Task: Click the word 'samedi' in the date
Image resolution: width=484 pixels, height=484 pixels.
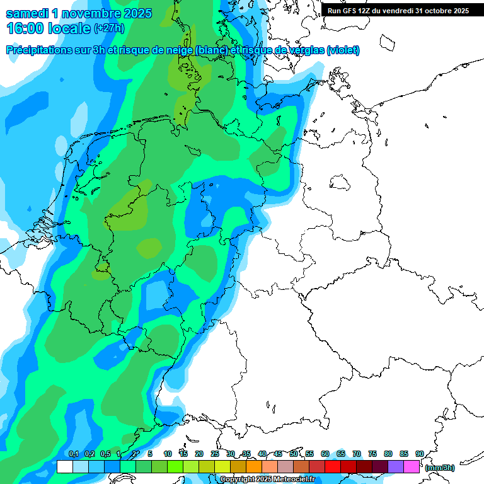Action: pyautogui.click(x=27, y=13)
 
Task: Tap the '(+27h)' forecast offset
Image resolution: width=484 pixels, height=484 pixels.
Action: pyautogui.click(x=109, y=29)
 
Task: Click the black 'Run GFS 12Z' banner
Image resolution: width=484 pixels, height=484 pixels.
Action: pyautogui.click(x=398, y=10)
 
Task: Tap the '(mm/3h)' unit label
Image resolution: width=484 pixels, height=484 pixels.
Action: pyautogui.click(x=440, y=468)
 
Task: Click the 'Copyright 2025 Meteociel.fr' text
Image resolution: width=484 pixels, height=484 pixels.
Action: pyautogui.click(x=267, y=480)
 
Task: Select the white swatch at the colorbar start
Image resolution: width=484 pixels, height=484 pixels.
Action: pyautogui.click(x=64, y=467)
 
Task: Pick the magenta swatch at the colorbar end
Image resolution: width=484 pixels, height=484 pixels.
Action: pyautogui.click(x=412, y=467)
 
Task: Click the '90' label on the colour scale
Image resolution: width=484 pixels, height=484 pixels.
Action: pyautogui.click(x=420, y=454)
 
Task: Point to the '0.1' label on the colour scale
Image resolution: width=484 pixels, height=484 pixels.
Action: pyautogui.click(x=73, y=454)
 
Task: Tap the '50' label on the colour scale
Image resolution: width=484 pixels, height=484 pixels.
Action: pyautogui.click(x=294, y=454)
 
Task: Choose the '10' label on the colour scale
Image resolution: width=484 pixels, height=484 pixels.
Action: pyautogui.click(x=168, y=454)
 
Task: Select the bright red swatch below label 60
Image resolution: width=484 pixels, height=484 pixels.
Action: pyautogui.click(x=333, y=467)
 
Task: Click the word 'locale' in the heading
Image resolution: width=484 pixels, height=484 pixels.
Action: pyautogui.click(x=69, y=28)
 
